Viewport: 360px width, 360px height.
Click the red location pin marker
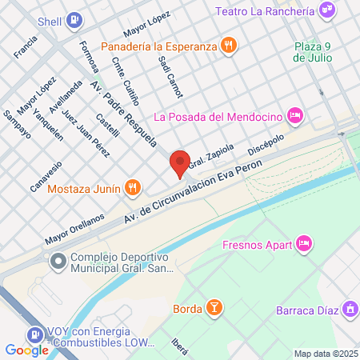(x=180, y=162)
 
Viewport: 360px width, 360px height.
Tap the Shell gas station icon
(x=74, y=19)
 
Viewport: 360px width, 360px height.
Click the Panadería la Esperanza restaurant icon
(x=229, y=46)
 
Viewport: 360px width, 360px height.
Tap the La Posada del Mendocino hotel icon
(x=294, y=116)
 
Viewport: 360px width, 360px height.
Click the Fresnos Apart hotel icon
(x=303, y=242)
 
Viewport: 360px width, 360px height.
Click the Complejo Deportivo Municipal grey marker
(x=58, y=262)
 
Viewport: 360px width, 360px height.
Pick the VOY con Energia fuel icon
(x=35, y=336)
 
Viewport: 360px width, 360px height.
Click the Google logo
(x=26, y=350)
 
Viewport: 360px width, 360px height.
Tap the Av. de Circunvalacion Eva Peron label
(x=183, y=196)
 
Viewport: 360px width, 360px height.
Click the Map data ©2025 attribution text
(x=324, y=354)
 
